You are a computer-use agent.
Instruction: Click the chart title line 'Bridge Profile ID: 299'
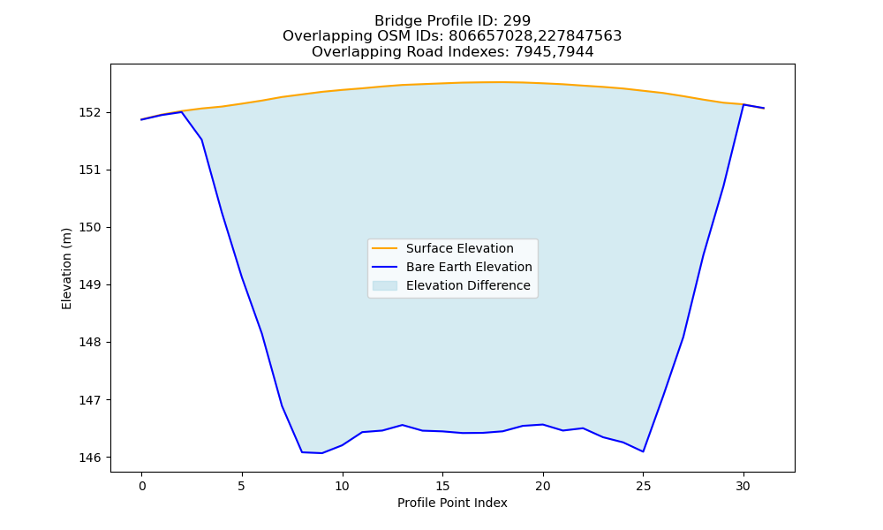coord(452,21)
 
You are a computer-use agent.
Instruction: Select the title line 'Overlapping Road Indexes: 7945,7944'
coord(452,52)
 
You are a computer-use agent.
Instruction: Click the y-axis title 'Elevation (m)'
coord(66,269)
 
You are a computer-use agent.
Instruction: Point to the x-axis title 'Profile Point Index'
coord(452,503)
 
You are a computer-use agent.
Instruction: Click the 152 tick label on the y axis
coord(89,113)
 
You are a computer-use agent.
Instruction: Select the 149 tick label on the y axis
coord(89,285)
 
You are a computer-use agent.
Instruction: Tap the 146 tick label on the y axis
coord(89,458)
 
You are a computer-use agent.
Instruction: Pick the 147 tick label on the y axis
coord(89,400)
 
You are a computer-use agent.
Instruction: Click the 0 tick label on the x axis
coord(142,486)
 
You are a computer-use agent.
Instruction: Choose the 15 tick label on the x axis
coord(442,486)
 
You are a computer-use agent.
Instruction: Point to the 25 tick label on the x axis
coord(643,486)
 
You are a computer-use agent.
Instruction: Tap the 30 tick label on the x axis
coord(743,486)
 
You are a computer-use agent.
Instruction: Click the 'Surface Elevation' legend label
coord(459,248)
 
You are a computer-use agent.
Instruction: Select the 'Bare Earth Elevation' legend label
coord(469,267)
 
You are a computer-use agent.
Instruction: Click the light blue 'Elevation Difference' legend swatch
coord(385,285)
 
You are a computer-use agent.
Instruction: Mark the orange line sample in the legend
coord(385,248)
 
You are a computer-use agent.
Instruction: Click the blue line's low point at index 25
coord(643,451)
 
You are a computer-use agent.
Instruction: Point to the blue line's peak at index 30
coord(743,105)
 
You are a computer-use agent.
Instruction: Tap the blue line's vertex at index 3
coord(201,140)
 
